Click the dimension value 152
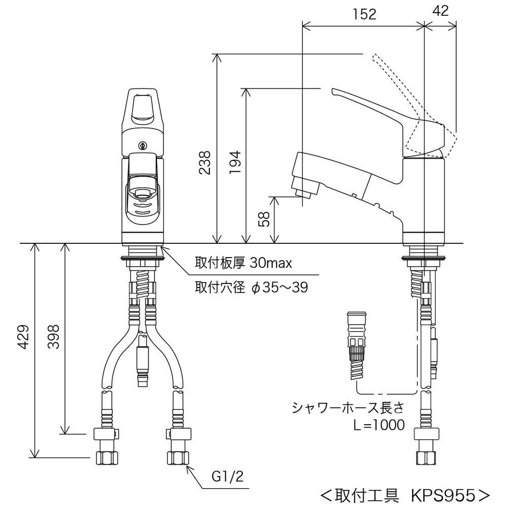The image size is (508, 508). tap(364, 14)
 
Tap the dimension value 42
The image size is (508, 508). tap(440, 11)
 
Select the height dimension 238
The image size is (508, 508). tap(205, 163)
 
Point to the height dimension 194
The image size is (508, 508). tap(235, 162)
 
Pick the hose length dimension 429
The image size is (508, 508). tap(23, 337)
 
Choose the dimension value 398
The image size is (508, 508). tap(54, 337)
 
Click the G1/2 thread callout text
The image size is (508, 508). tap(228, 477)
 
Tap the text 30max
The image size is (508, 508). tap(271, 263)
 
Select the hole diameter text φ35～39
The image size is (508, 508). tap(279, 287)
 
